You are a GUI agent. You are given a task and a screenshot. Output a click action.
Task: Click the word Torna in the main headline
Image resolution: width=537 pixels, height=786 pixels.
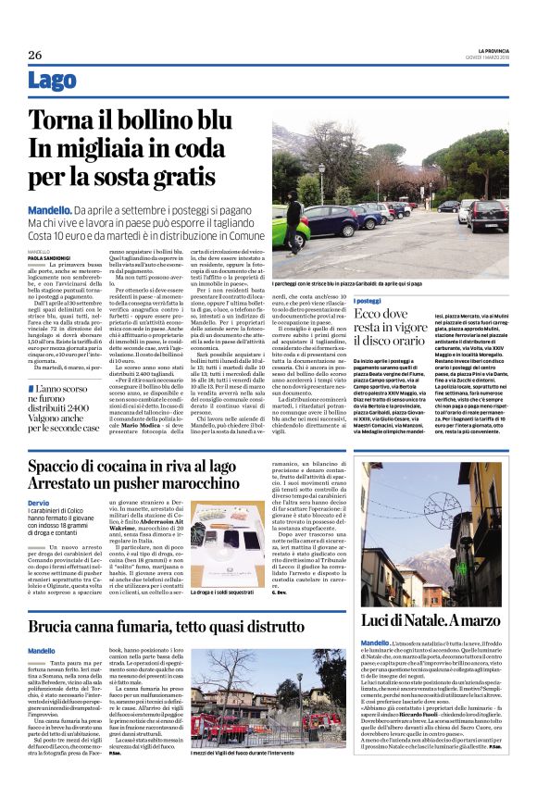pyautogui.click(x=61, y=119)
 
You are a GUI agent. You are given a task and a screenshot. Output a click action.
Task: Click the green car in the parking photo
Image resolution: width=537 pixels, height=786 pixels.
pyautogui.click(x=289, y=225)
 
